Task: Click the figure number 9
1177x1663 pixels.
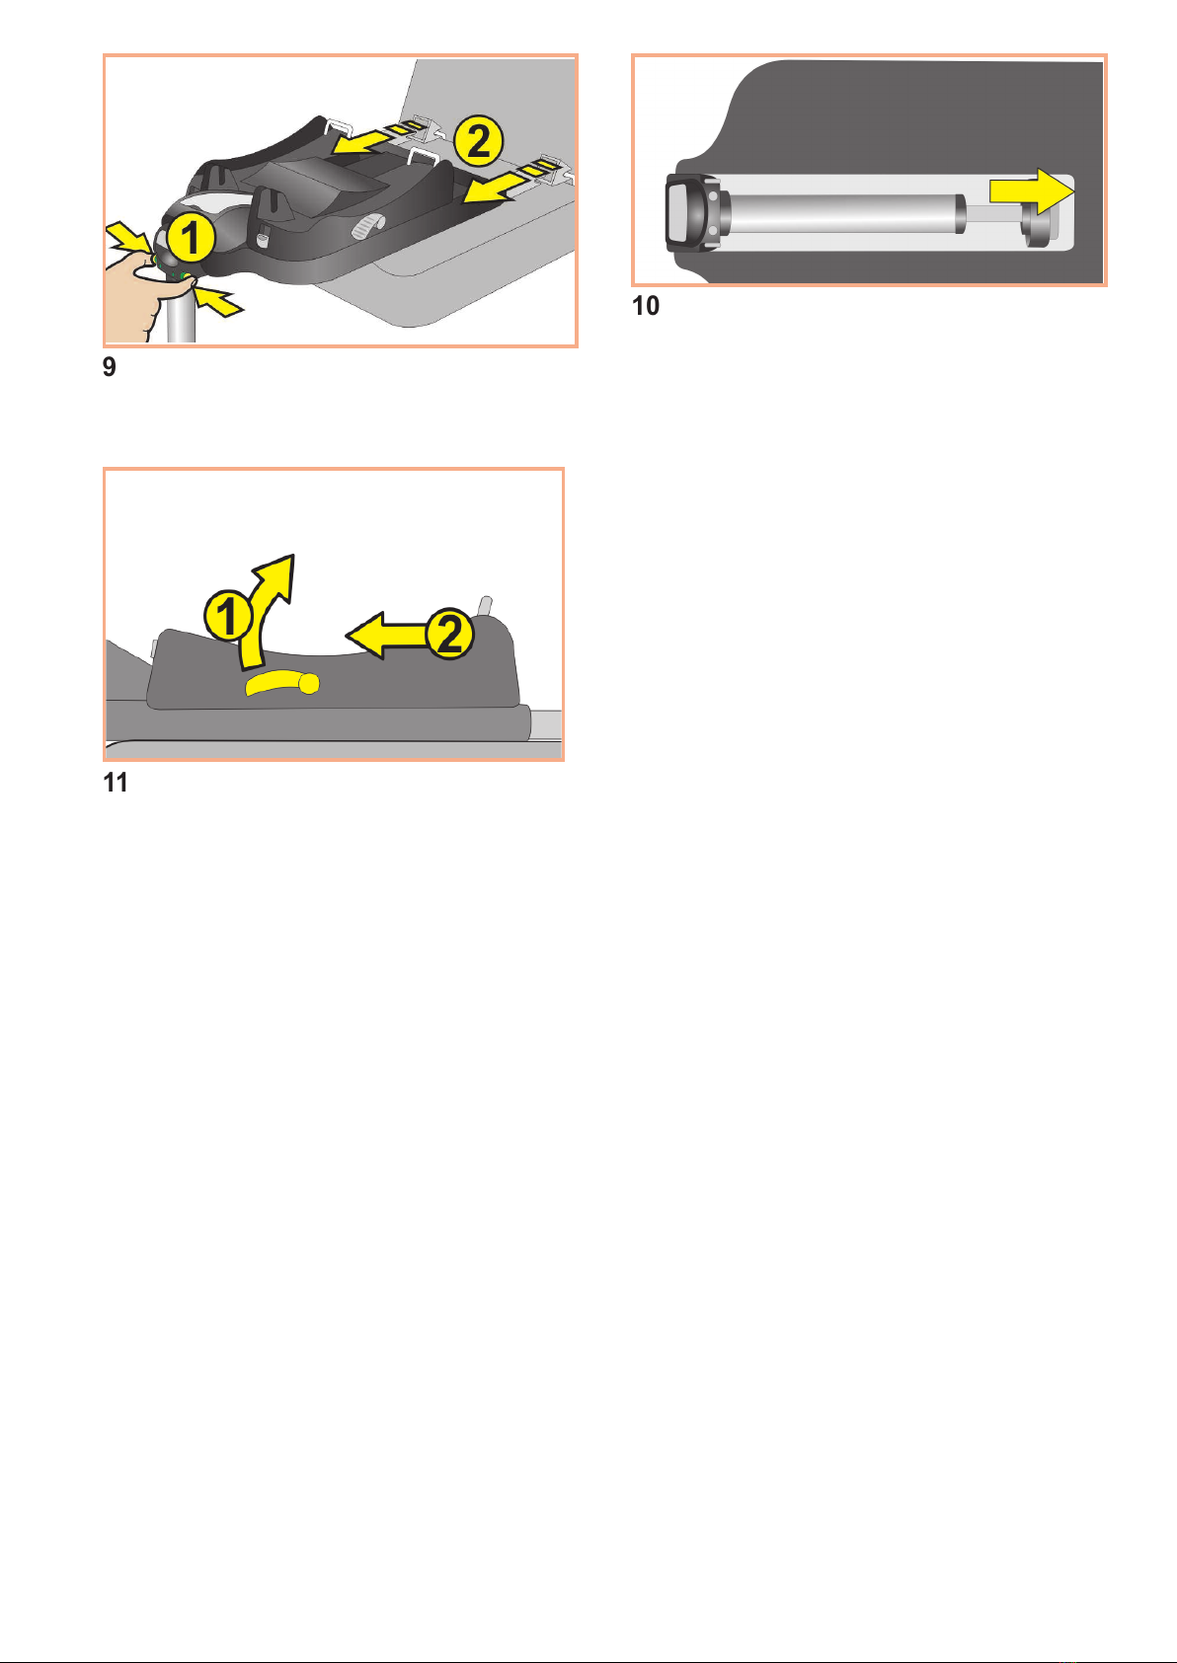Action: coord(110,367)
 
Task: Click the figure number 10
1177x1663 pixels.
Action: coord(646,305)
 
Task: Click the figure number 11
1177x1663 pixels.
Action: coord(116,783)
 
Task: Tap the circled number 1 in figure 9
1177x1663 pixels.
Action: coord(191,238)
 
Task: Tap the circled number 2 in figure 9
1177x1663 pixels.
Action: coord(479,142)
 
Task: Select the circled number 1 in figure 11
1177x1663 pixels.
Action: coord(228,615)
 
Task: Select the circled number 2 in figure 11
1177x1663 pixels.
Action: coord(448,634)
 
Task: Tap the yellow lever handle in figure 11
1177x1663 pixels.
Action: coord(282,683)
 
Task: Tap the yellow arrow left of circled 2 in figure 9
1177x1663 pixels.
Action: coord(360,141)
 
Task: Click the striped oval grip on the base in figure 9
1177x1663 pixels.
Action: coord(367,226)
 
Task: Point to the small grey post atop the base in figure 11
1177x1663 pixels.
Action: coord(487,606)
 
